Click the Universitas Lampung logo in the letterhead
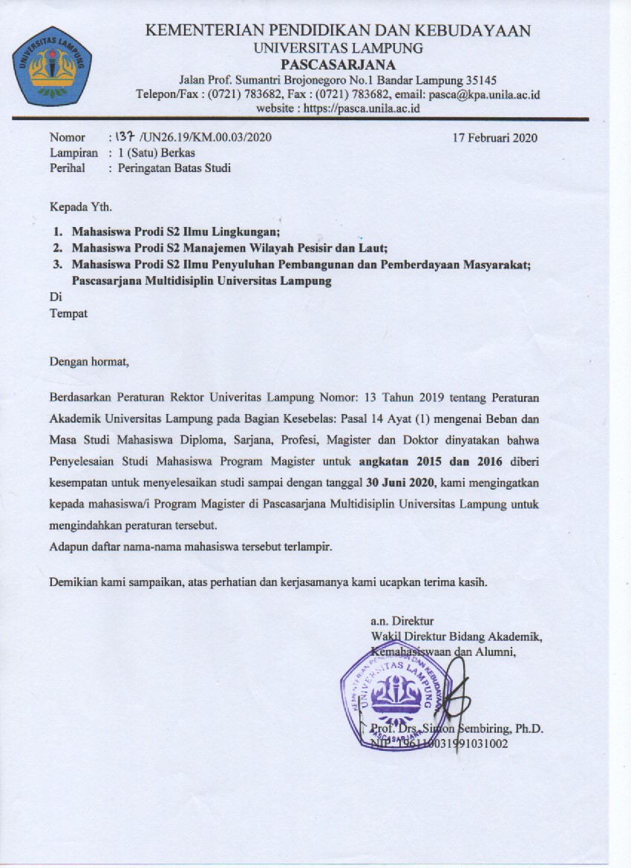pos(52,66)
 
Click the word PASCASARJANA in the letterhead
pos(338,65)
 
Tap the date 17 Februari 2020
pos(495,137)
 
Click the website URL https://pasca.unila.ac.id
pos(338,108)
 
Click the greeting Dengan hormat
pos(89,362)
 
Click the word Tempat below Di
pos(68,313)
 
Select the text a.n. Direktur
pos(402,620)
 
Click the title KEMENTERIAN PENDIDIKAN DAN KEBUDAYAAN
pos(338,31)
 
